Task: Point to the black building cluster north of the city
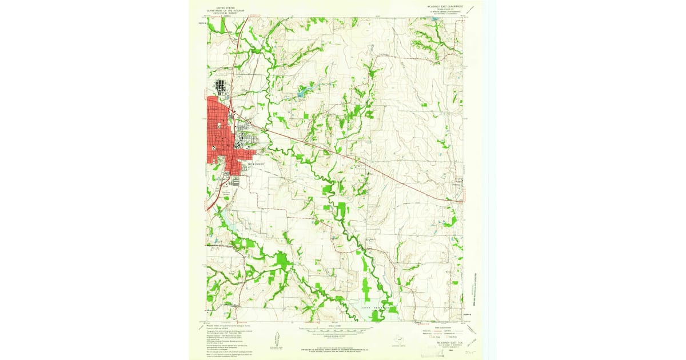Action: (221, 87)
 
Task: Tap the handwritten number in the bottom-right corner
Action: (472, 355)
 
